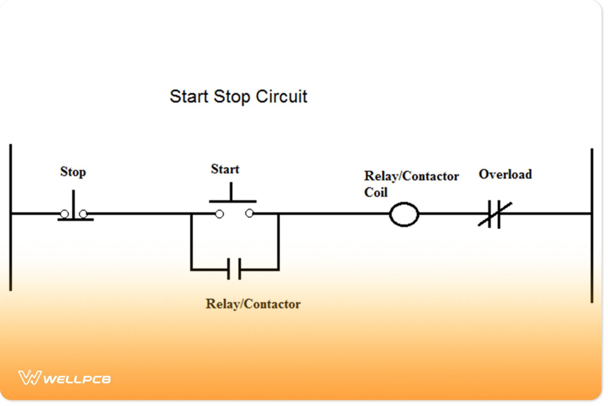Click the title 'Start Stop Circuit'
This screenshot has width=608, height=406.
[x=238, y=96]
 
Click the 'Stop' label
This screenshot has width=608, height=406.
[x=73, y=172]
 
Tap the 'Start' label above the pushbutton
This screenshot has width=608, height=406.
[x=225, y=169]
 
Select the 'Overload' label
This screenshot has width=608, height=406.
[x=505, y=174]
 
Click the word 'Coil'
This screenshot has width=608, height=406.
[x=376, y=193]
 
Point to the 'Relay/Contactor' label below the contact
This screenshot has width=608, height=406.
[x=253, y=304]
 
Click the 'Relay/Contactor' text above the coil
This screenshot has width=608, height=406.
[x=411, y=176]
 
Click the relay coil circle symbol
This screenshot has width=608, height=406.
[x=404, y=214]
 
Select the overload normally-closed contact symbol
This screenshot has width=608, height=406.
[x=494, y=214]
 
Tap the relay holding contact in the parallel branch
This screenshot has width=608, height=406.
[x=234, y=269]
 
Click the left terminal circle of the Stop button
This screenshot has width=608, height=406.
[x=64, y=214]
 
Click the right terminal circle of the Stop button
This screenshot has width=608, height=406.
[x=83, y=214]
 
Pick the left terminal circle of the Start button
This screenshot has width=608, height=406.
[x=219, y=214]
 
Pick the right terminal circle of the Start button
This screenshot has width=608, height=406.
[x=249, y=213]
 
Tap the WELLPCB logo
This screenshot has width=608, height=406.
[x=65, y=378]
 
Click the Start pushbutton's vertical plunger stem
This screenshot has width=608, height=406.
[x=231, y=192]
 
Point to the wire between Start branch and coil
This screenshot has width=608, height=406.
[x=332, y=214]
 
